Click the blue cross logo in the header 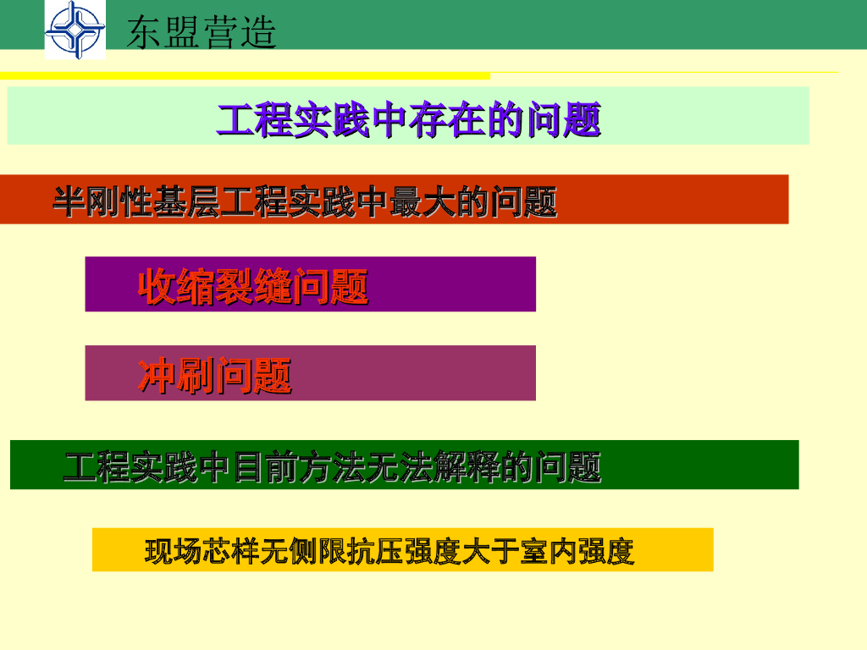click(75, 30)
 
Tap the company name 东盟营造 click(202, 32)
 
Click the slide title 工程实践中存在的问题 click(409, 119)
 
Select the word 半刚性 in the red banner click(102, 201)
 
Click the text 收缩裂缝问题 click(253, 286)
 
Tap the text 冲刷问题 click(214, 376)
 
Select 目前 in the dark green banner click(266, 467)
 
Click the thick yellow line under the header click(245, 75)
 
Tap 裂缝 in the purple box click(253, 286)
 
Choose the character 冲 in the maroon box click(157, 376)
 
